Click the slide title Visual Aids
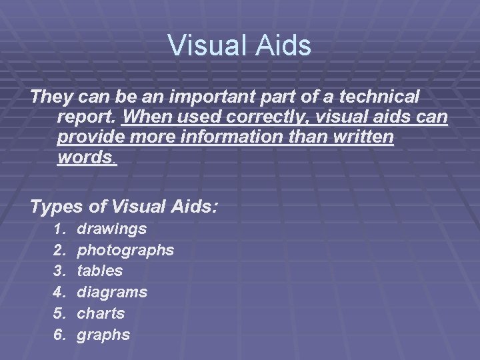[x=239, y=46]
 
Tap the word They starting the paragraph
[x=51, y=97]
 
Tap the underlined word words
[x=86, y=159]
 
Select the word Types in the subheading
[x=57, y=207]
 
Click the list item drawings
[x=112, y=229]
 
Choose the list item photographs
[x=125, y=251]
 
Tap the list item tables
[x=100, y=271]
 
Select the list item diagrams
[x=112, y=292]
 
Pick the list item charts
[x=101, y=313]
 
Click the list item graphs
[x=103, y=334]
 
